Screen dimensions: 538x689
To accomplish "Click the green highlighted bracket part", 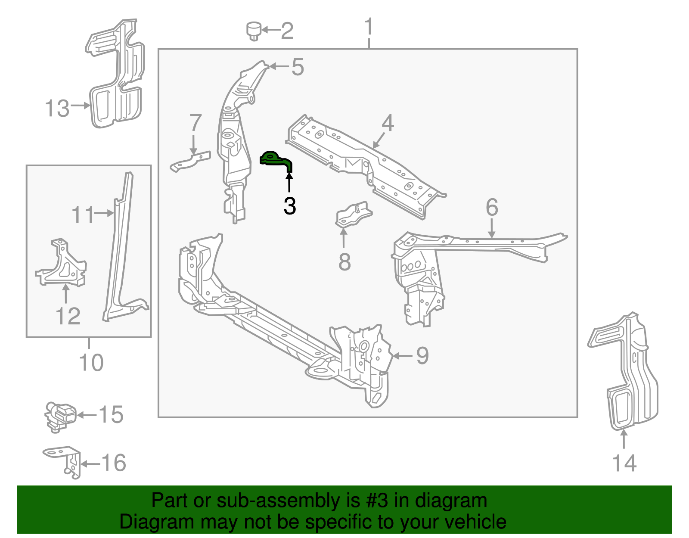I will click(276, 160).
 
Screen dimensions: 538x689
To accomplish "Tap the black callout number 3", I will click(290, 206).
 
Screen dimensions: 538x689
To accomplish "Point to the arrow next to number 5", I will click(279, 67).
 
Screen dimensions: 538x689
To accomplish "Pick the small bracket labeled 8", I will click(353, 214).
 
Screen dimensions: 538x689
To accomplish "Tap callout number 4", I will click(388, 123).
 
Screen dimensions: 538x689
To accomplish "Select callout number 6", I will click(492, 207).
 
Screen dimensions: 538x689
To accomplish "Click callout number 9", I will click(422, 355).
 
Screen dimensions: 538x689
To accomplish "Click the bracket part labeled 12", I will click(62, 265).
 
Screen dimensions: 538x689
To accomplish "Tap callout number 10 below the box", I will click(91, 362).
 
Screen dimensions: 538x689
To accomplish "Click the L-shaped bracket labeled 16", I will click(65, 461).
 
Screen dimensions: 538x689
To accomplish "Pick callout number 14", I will click(624, 463).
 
